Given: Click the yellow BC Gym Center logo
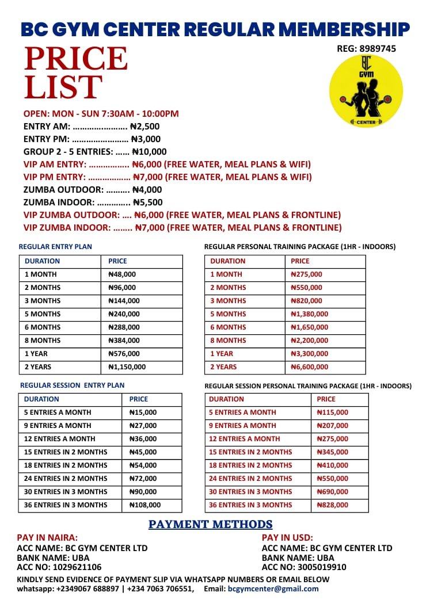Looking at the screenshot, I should [x=366, y=91].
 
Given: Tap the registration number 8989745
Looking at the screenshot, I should [x=375, y=49].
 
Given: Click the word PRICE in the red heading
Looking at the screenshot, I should [x=76, y=59].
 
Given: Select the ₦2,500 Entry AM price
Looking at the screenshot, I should [x=145, y=127].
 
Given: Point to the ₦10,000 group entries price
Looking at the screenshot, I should [x=150, y=152].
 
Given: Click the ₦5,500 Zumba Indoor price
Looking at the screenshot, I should [x=148, y=202].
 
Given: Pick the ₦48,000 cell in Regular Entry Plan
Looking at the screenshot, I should [x=123, y=274].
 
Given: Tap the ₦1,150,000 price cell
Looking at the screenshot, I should [x=127, y=367].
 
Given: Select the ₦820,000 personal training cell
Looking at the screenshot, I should [x=306, y=301].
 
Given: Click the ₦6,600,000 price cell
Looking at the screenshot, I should [x=310, y=367].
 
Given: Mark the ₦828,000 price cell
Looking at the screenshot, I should [x=333, y=505].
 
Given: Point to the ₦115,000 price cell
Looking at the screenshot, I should [x=333, y=412].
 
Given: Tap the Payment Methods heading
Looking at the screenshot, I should [x=211, y=525].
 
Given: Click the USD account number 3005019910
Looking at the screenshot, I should [x=322, y=568].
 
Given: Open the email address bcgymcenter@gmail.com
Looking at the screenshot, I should [x=273, y=588].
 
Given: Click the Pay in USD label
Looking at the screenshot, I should [x=287, y=538].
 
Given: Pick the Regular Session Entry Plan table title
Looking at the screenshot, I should [x=72, y=385].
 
